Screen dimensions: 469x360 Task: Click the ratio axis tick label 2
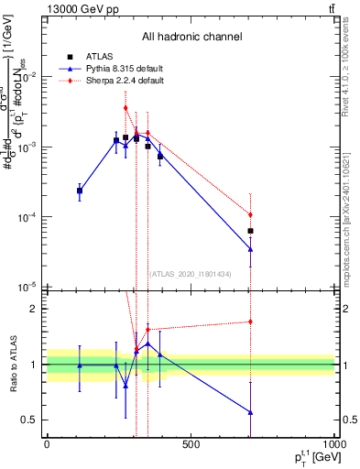34,309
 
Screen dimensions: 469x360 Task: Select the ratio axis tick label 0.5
29,420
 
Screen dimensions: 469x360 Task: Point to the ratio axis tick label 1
34,365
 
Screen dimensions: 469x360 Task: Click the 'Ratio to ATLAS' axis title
12,365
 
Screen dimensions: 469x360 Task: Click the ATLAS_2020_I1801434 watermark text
191,274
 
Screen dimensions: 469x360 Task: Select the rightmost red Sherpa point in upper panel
250,214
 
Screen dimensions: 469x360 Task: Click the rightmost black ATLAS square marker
250,231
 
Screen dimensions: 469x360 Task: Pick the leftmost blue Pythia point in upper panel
80,190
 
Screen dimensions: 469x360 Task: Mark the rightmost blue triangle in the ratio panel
250,412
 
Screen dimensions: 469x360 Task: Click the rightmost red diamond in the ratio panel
250,322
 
